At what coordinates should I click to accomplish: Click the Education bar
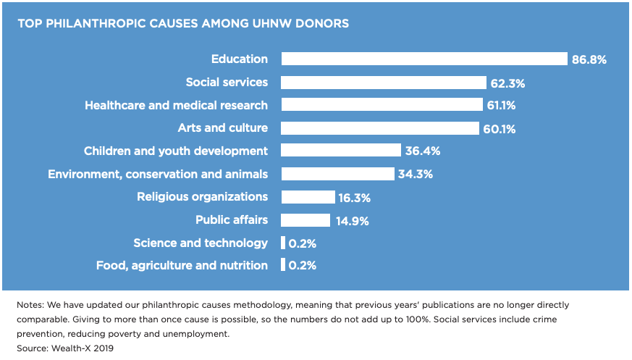coord(424,59)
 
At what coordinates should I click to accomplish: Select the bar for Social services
coord(384,83)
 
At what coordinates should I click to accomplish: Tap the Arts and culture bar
coord(380,128)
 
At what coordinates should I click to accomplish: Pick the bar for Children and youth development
coord(341,151)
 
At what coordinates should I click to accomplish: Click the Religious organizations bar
coord(308,197)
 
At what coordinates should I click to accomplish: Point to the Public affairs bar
coord(306,219)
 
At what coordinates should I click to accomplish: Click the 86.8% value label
coord(589,60)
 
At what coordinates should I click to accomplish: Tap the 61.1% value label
coord(501,106)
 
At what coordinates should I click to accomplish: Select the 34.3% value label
coord(414,174)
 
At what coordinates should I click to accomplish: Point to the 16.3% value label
coord(355,197)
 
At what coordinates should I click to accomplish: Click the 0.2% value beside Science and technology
coord(303,243)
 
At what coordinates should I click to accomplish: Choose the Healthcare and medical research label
coord(176,106)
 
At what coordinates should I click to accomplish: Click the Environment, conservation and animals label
coord(158,174)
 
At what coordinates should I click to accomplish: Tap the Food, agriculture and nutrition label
coord(182,265)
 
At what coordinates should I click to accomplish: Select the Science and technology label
coord(201,243)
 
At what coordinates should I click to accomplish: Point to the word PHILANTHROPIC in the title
coord(94,23)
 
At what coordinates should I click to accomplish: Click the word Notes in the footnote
coord(30,305)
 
